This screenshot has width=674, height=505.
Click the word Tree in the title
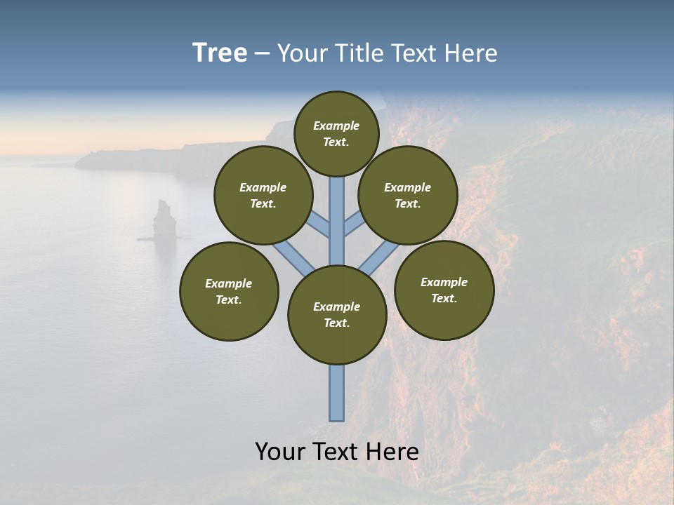(x=220, y=53)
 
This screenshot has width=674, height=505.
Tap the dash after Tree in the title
(x=262, y=54)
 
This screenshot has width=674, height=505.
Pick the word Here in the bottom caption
(x=392, y=452)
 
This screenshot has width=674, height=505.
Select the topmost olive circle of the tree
(x=336, y=133)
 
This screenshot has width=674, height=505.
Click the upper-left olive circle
(x=263, y=195)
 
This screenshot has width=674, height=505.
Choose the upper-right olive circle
(x=408, y=195)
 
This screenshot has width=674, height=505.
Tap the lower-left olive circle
(x=229, y=291)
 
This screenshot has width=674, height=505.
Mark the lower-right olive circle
(x=444, y=290)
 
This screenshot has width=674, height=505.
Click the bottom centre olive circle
(x=337, y=315)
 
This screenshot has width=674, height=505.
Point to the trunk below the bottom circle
(x=337, y=393)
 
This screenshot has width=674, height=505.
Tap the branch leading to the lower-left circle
(x=292, y=257)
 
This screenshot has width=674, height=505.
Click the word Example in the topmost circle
(x=336, y=126)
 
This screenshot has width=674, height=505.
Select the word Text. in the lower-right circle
(x=444, y=298)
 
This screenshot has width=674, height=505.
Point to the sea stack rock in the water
(x=165, y=219)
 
